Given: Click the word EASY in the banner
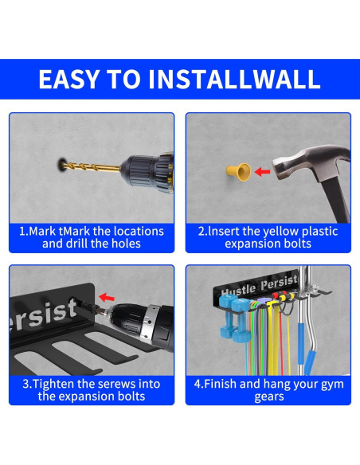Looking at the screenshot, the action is pos(68,79).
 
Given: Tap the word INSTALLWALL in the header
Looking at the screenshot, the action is pos(234,79).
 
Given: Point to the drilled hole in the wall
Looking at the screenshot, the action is pos(61,164).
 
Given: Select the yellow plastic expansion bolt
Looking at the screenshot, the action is pos(238,172).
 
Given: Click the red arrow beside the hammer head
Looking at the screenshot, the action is pos(263,171).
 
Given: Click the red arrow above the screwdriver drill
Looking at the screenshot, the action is pos(107,297).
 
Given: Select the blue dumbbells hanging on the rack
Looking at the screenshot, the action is pos(233,318).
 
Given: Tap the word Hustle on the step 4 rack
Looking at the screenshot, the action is pos(239,291).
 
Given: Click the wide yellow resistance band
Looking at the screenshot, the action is pos(272,338).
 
